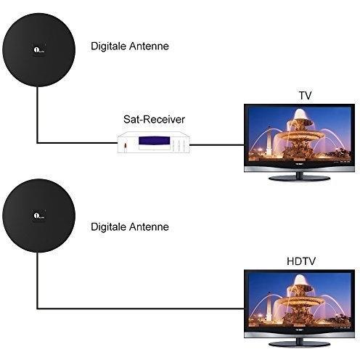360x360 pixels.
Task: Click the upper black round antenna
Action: pyautogui.click(x=38, y=50)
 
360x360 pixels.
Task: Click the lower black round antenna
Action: pyautogui.click(x=38, y=216)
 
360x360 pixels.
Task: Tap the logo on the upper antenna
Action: pyautogui.click(x=39, y=50)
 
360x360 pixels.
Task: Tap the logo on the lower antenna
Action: pyautogui.click(x=39, y=216)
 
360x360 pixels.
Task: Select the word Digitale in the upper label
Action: pyautogui.click(x=108, y=46)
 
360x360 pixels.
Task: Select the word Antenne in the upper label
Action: pyautogui.click(x=149, y=46)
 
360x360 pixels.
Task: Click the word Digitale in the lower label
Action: pyautogui.click(x=108, y=227)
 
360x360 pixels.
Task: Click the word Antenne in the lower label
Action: pyautogui.click(x=149, y=227)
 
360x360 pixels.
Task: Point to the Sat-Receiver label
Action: pyautogui.click(x=154, y=119)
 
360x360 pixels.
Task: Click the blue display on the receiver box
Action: pyautogui.click(x=154, y=141)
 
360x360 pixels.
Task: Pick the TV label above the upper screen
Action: pyautogui.click(x=305, y=96)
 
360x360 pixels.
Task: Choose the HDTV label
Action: pyautogui.click(x=301, y=261)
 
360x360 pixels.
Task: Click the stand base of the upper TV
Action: pyautogui.click(x=300, y=179)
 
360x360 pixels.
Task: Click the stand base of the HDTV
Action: pyautogui.click(x=300, y=344)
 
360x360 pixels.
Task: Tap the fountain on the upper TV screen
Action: pyautogui.click(x=299, y=136)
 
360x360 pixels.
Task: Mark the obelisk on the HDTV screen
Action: pyautogui.click(x=269, y=306)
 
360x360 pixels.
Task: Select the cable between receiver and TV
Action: pyautogui.click(x=217, y=145)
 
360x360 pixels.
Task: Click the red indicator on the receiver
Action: pyautogui.click(x=125, y=146)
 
